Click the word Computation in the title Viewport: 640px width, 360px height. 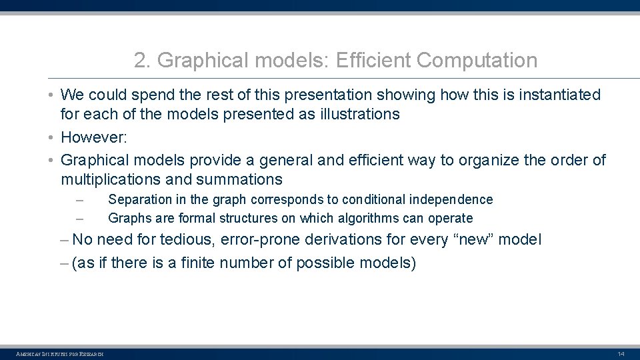pos(477,61)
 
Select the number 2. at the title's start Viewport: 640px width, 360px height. pos(142,61)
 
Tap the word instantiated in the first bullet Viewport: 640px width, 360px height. pos(557,95)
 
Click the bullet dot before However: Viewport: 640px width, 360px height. pos(51,137)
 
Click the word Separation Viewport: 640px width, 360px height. pos(136,199)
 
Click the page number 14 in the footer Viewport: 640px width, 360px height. pos(621,353)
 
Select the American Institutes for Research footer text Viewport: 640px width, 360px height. pos(60,353)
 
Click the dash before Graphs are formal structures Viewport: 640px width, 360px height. pos(79,218)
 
